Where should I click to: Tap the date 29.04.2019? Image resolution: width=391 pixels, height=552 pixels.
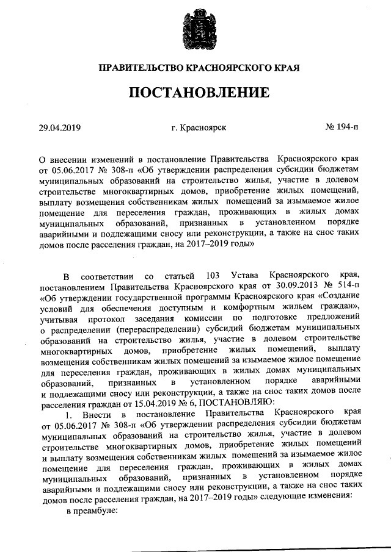[59, 128]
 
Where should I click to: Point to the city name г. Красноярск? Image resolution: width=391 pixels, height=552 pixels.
[199, 128]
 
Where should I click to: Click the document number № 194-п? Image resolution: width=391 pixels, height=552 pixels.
[343, 128]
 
